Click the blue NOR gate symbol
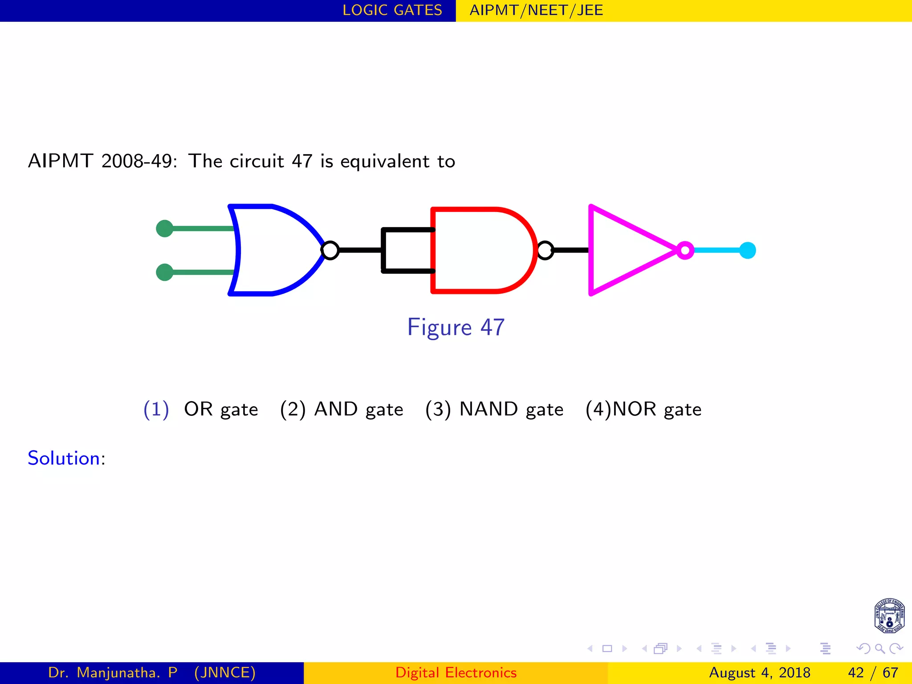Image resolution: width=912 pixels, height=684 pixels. coord(276,250)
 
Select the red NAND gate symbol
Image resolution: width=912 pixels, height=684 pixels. coord(481,250)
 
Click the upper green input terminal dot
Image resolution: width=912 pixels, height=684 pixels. coord(165,228)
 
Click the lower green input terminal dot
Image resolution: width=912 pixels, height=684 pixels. coord(165,272)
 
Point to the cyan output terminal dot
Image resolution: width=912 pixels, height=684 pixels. coord(748,250)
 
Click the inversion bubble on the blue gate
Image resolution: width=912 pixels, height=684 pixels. coord(330,250)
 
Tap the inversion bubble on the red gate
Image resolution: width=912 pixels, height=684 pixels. coord(546,250)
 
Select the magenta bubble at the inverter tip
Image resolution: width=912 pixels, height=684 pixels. coord(685,250)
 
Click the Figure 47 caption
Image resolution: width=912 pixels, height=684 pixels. coord(456,327)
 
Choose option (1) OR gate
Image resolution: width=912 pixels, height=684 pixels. coord(201,409)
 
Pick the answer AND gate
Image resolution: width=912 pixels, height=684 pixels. coord(342,409)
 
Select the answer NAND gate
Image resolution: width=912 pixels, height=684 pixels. coord(494,409)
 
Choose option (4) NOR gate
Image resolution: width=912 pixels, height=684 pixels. coord(643,409)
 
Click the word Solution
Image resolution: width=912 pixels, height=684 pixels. coord(64,458)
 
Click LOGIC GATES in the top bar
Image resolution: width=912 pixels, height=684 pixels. coord(392,10)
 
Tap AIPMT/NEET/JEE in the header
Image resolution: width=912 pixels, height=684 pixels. coord(536,10)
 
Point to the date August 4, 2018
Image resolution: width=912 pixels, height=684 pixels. coord(759,672)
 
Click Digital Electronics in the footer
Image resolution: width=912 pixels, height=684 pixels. coord(456,672)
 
